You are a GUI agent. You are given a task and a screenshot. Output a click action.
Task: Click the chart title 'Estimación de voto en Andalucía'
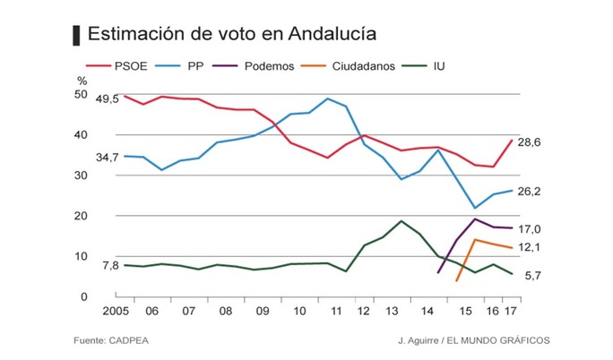pyautogui.click(x=231, y=35)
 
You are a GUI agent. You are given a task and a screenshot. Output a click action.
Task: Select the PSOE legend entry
pyautogui.click(x=128, y=65)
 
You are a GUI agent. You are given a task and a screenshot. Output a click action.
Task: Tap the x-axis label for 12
pyautogui.click(x=366, y=312)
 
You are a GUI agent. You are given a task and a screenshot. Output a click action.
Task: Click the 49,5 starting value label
pyautogui.click(x=108, y=99)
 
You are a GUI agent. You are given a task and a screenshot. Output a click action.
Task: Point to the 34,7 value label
pyautogui.click(x=108, y=158)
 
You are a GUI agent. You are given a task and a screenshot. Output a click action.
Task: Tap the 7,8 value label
pyautogui.click(x=110, y=266)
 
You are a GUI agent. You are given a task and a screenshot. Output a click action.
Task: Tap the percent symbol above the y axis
pyautogui.click(x=82, y=81)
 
